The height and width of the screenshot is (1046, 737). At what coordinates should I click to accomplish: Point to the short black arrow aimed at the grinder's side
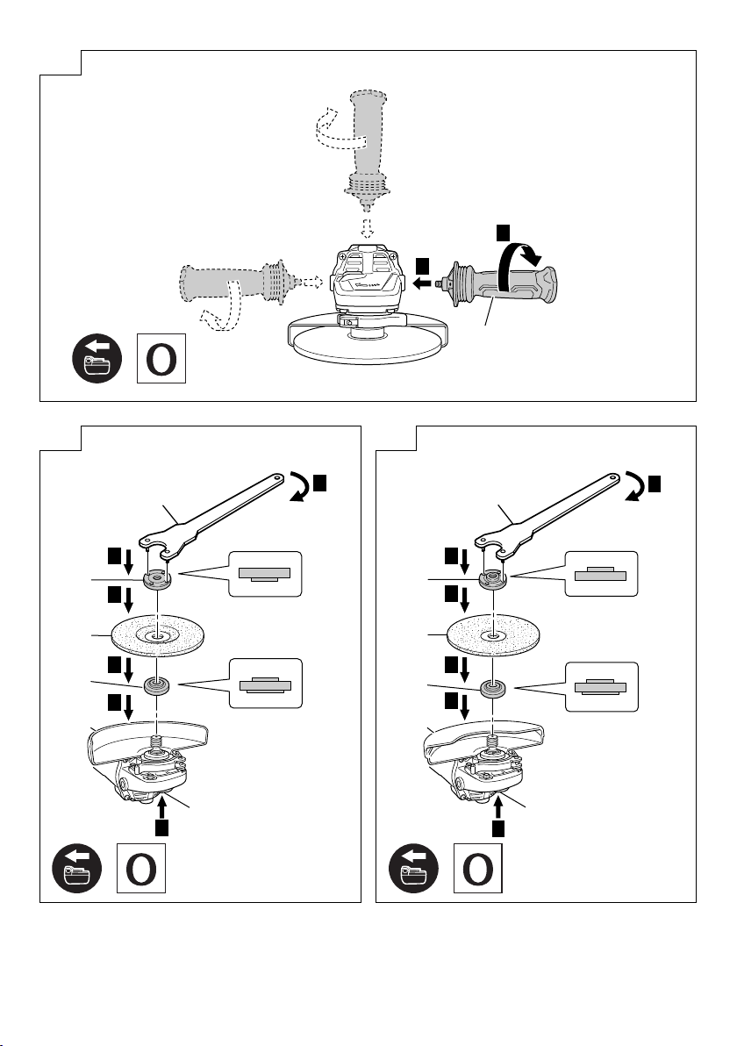(423, 283)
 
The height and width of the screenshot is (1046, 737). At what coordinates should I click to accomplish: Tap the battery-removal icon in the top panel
(92, 359)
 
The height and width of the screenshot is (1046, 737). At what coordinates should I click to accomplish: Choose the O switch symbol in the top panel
(162, 358)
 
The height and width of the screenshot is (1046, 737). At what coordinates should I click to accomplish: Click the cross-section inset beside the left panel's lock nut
(263, 573)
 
